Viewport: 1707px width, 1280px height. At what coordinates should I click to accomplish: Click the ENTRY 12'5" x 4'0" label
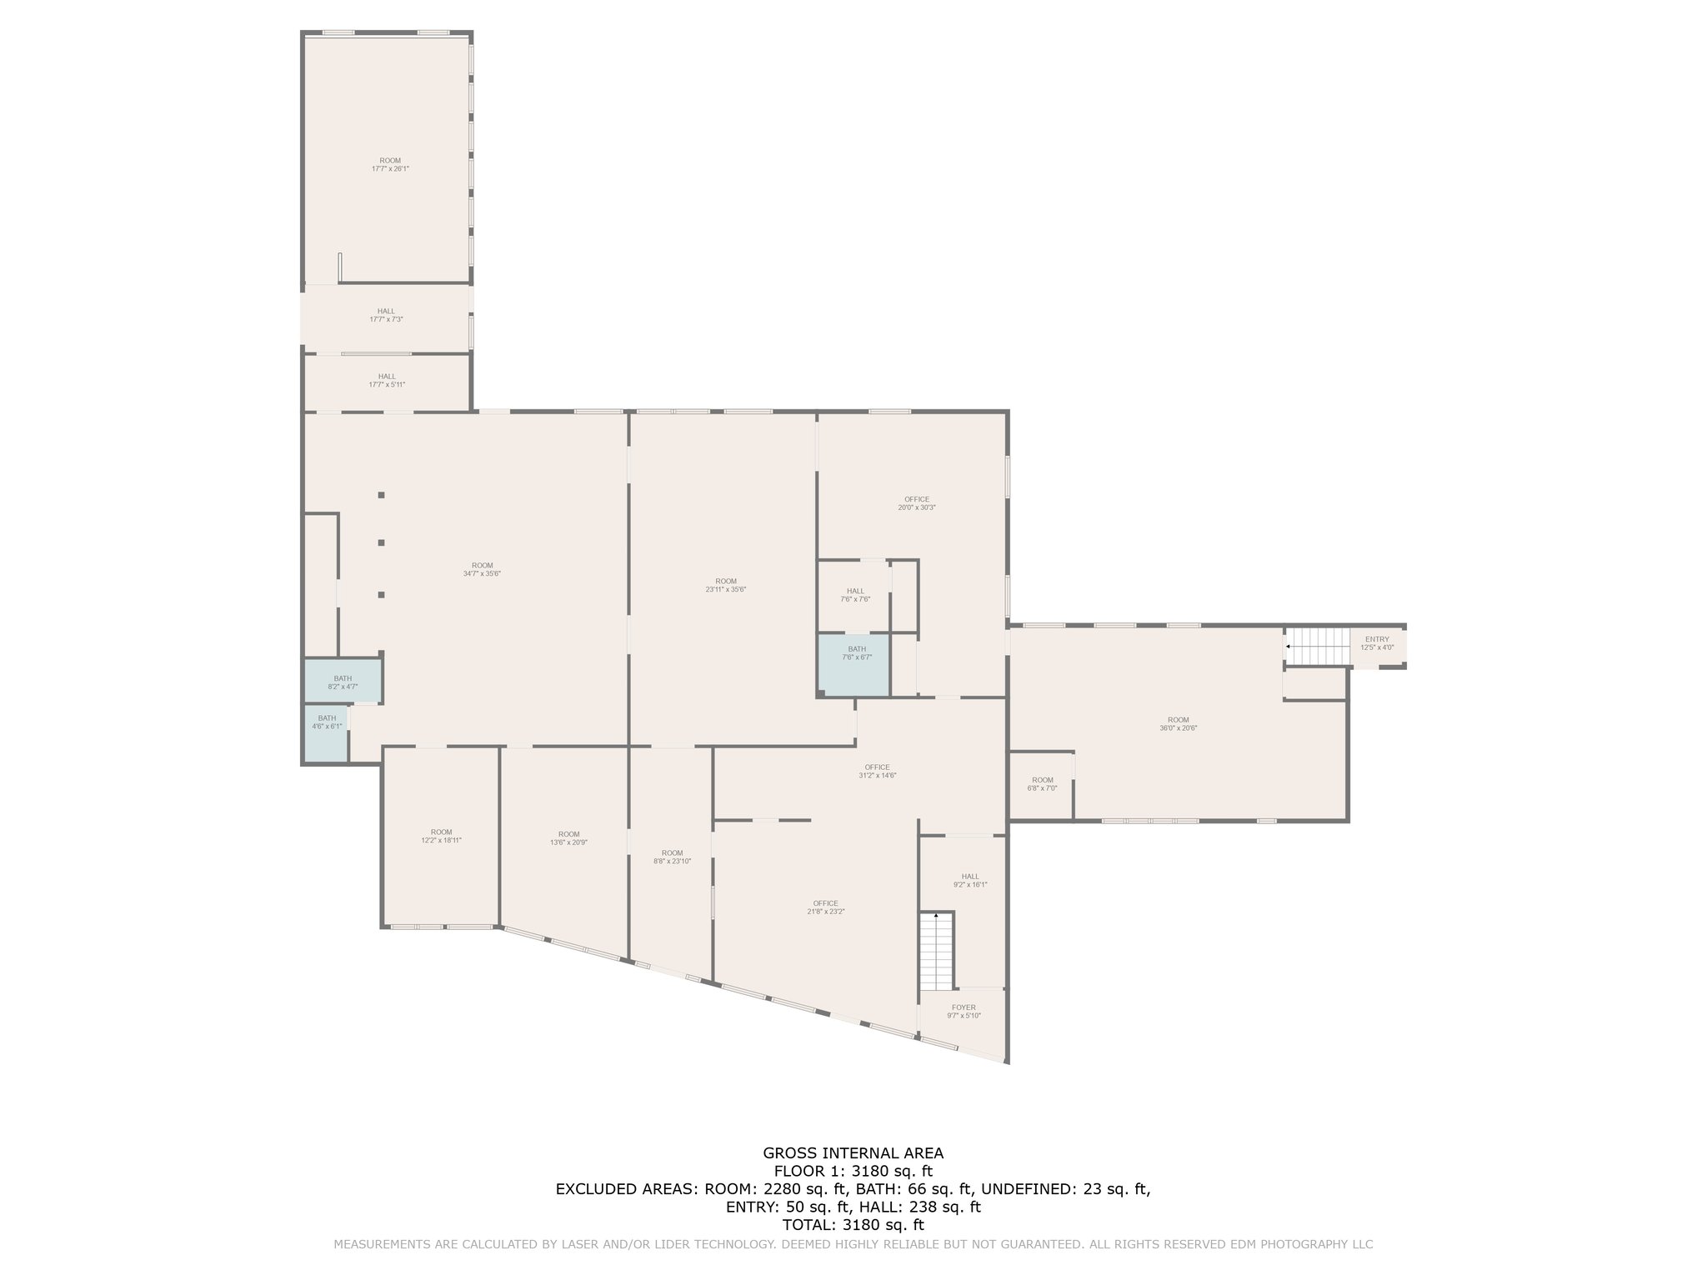[1377, 643]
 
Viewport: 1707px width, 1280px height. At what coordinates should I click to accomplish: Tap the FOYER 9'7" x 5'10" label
[964, 1012]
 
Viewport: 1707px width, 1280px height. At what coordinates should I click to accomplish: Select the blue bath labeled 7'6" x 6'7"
[854, 664]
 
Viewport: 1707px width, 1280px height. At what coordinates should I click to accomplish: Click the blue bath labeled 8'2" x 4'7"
[343, 682]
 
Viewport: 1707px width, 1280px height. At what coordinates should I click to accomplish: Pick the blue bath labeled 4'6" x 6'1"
[326, 733]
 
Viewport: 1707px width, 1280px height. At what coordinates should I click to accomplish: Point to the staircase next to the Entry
[1317, 647]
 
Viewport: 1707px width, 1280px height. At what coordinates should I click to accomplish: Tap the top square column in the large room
[381, 495]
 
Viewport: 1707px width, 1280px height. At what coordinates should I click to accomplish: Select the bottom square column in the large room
[381, 595]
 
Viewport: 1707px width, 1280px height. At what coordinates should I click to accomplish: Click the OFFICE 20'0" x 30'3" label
[917, 503]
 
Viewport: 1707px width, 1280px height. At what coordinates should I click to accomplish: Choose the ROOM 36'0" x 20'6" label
[1178, 724]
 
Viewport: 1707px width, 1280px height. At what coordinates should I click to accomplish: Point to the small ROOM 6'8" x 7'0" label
[1042, 784]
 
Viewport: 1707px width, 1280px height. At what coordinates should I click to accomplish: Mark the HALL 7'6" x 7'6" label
[855, 595]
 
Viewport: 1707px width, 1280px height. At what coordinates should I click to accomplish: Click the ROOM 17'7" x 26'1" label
[390, 164]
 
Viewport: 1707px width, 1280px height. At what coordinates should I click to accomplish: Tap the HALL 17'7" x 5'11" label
[387, 380]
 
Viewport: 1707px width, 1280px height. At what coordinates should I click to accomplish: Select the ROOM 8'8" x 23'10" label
[672, 857]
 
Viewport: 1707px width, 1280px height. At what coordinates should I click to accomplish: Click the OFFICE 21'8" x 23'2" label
[826, 907]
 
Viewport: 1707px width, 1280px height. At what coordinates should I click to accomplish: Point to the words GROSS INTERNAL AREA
[853, 1153]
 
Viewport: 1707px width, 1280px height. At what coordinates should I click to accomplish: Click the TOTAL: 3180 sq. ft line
[853, 1225]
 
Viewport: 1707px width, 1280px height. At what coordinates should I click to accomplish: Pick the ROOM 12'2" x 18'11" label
[441, 836]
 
